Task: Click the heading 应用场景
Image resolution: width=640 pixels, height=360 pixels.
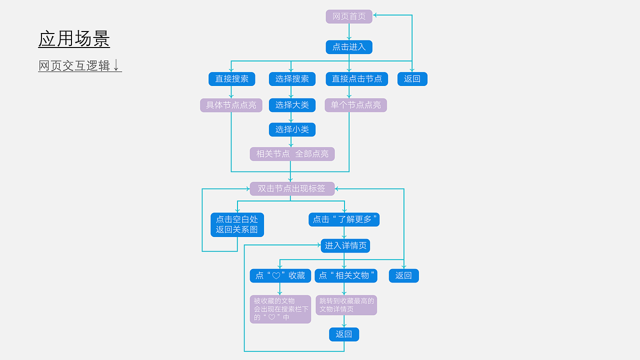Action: [x=74, y=39]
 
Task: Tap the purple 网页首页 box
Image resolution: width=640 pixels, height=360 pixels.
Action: [x=349, y=16]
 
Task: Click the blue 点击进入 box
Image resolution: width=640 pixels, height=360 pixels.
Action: [x=349, y=47]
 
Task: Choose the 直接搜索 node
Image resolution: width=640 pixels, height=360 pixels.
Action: [x=231, y=79]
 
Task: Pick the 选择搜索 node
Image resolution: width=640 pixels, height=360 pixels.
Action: [x=292, y=79]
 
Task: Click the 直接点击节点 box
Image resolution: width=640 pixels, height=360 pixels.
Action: [x=356, y=79]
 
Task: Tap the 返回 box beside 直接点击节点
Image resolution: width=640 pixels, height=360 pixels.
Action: [x=412, y=79]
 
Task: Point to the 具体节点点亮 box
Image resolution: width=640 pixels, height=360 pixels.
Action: [x=231, y=105]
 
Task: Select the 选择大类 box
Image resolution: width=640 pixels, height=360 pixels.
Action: [x=292, y=105]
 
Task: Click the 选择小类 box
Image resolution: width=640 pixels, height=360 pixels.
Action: [x=292, y=129]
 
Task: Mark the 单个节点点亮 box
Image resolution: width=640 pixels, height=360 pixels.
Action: [x=355, y=105]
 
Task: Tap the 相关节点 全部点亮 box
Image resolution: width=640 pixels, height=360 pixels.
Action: [x=292, y=154]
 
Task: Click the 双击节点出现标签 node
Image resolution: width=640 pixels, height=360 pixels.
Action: [x=292, y=188]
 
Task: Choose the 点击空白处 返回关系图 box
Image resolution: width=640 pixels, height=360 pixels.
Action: [x=237, y=224]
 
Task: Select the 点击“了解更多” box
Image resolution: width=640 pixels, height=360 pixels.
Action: [x=344, y=219]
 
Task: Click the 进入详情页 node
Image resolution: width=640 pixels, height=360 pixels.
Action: [x=345, y=245]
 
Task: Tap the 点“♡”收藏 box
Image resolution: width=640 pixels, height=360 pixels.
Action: [x=280, y=275]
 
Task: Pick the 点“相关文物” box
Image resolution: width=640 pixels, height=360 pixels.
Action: [x=346, y=275]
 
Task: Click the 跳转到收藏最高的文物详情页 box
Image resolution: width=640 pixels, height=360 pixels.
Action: [x=346, y=305]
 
